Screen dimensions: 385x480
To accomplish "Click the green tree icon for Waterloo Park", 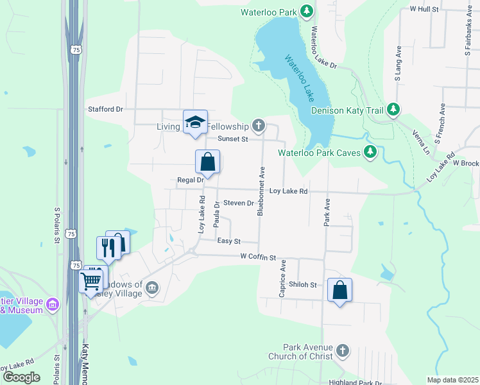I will (307, 12).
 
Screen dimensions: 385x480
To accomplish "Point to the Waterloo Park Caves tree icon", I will (370, 152).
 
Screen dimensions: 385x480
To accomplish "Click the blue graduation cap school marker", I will (195, 121).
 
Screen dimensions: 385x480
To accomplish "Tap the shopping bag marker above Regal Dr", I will (207, 162).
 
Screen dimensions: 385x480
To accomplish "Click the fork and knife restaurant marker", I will (107, 247).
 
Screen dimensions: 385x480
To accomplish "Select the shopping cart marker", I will (90, 280).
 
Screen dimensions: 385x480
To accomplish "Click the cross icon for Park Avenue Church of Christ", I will (343, 350).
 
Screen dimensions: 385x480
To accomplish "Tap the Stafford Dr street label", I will (105, 109).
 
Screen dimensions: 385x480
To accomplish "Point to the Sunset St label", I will (232, 139).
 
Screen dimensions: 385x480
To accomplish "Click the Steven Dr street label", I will (239, 203).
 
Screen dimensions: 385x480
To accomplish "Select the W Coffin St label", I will (258, 257).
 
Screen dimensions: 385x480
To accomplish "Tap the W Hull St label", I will (424, 10).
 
